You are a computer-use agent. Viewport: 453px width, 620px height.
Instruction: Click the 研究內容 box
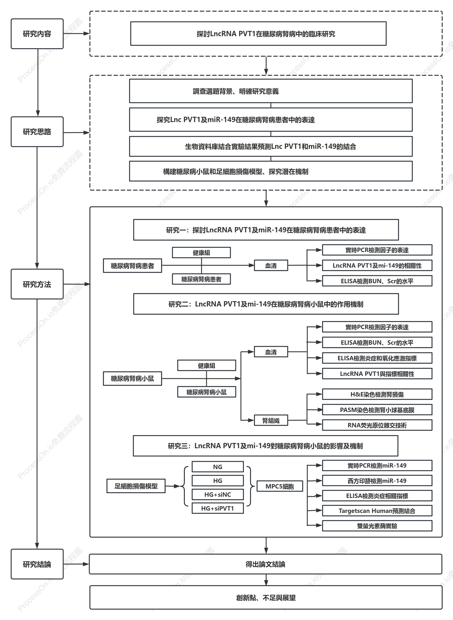point(37,34)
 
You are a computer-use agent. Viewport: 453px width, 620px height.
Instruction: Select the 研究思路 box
point(37,132)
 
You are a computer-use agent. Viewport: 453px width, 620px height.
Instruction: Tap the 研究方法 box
point(37,284)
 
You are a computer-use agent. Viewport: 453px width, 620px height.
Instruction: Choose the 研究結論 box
point(37,564)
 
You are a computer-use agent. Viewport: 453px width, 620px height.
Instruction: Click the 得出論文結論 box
point(266,564)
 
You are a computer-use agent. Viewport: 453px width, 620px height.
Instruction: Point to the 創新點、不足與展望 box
point(266,597)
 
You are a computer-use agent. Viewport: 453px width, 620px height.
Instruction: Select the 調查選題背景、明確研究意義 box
point(271,91)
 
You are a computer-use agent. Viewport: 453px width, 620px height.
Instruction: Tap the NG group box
point(218,467)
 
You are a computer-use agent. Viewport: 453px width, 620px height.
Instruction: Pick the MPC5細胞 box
point(280,486)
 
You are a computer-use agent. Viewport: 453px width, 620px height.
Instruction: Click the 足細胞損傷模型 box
point(136,486)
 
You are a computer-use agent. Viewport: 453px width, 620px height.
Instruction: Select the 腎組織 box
point(271,421)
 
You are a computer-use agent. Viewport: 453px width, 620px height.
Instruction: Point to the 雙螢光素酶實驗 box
point(377,526)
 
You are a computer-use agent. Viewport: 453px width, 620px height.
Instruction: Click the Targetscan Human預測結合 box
point(377,511)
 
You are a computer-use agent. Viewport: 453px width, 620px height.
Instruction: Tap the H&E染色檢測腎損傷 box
point(377,394)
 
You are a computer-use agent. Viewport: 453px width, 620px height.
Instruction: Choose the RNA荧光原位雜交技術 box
point(377,425)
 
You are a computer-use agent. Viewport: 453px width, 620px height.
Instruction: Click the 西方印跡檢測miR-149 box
point(377,481)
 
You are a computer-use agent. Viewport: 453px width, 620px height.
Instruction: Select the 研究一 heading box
point(266,230)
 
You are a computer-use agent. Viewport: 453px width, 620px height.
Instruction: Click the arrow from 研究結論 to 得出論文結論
point(76,564)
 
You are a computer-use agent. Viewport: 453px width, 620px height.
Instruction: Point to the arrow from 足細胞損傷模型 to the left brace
point(172,486)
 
